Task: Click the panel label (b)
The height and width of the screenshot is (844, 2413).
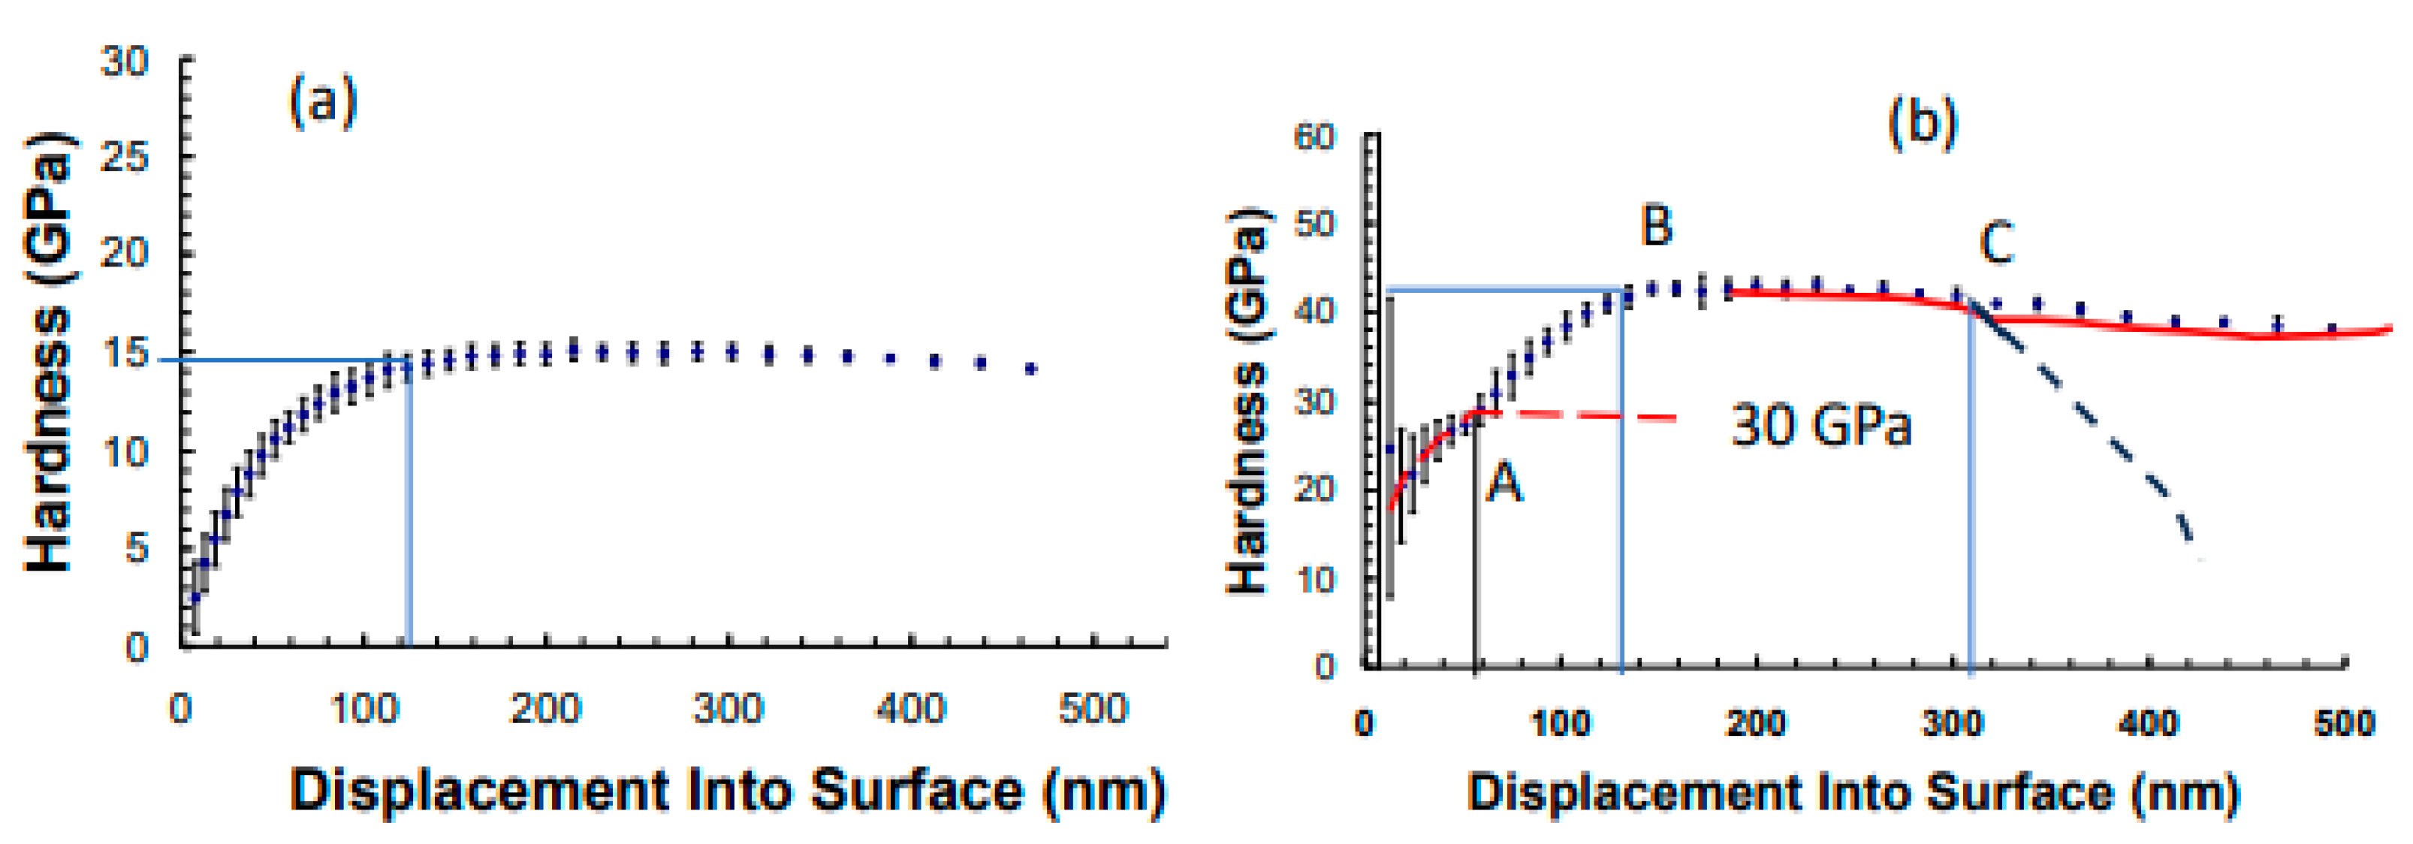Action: (x=1922, y=122)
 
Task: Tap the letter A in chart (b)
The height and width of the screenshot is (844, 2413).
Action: (x=1504, y=484)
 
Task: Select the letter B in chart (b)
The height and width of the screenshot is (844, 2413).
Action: (x=1656, y=226)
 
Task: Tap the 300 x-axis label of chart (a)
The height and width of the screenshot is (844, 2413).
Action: (x=728, y=708)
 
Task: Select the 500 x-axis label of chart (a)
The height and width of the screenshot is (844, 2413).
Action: (x=1093, y=708)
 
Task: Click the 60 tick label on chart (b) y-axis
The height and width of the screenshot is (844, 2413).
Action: (x=1314, y=137)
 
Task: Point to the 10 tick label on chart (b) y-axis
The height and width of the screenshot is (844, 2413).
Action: (x=1314, y=579)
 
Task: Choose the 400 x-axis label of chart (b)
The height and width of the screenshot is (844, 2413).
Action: (x=2149, y=723)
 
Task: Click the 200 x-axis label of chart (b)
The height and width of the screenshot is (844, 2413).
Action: (x=1755, y=723)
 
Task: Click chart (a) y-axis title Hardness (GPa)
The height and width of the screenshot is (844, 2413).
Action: (x=49, y=351)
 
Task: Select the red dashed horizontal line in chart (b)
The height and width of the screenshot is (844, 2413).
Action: (x=1592, y=415)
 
